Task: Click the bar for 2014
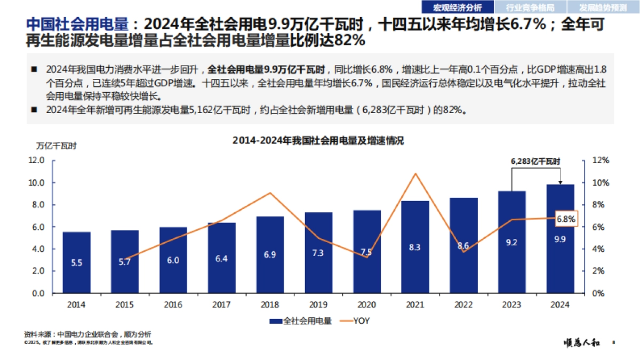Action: pos(76,262)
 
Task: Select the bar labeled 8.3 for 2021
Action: pos(414,247)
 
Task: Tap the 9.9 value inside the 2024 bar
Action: pos(559,239)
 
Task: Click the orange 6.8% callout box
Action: pos(565,219)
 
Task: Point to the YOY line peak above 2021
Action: pos(415,173)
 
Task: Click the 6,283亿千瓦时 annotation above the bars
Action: pos(535,161)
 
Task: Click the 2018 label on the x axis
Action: pos(270,305)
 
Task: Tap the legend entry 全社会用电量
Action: pos(301,321)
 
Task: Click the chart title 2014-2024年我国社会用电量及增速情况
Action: pos(318,141)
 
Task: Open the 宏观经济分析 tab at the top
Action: pos(457,7)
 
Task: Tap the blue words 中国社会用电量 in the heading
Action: pos(78,25)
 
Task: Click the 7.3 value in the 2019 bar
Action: pos(318,253)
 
